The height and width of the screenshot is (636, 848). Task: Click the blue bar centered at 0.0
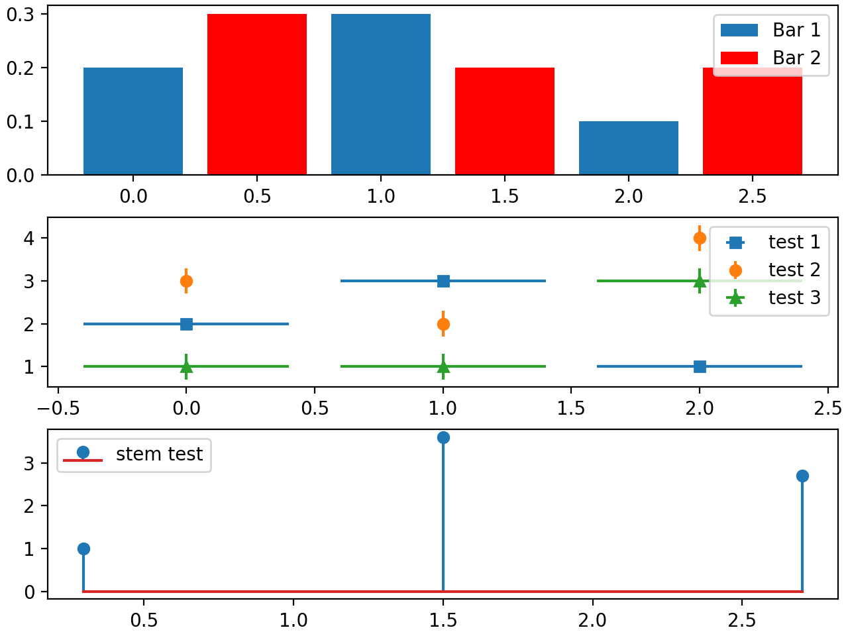click(133, 121)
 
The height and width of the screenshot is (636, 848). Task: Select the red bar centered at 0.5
click(257, 95)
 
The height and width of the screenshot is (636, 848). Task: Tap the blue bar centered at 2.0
click(628, 148)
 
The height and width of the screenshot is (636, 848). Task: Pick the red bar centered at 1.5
click(505, 121)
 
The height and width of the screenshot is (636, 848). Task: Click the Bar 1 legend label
click(796, 30)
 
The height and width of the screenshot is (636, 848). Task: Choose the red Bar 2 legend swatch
click(739, 58)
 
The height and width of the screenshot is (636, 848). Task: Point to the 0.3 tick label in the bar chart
click(22, 14)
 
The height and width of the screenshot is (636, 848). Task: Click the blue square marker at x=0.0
click(186, 324)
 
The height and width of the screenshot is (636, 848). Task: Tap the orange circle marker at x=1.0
click(443, 324)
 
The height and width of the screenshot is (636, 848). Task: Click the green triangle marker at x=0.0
click(186, 366)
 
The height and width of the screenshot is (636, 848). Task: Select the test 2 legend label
click(794, 270)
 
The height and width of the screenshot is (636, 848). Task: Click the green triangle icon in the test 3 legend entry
click(735, 299)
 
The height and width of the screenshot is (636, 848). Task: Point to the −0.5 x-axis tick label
click(56, 408)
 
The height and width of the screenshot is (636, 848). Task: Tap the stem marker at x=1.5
click(443, 437)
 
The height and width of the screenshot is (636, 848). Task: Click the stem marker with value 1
click(83, 549)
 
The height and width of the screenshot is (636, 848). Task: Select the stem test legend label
click(159, 454)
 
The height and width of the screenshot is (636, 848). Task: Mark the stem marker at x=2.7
click(802, 476)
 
